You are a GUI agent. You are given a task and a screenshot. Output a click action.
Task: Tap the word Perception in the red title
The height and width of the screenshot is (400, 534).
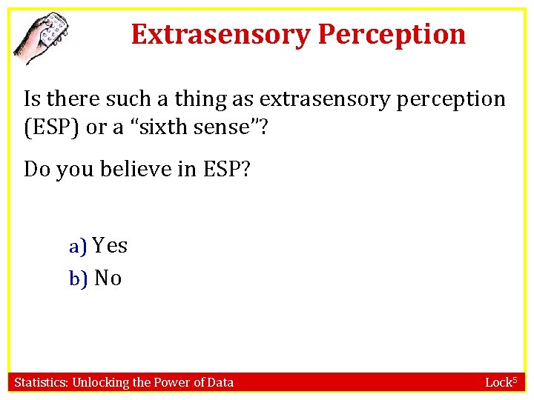[392, 34]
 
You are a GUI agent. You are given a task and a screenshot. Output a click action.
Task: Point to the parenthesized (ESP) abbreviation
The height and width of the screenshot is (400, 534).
[52, 127]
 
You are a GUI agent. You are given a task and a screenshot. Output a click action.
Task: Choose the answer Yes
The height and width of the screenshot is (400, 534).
[111, 246]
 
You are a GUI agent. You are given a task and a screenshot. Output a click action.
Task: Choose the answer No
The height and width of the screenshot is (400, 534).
[108, 278]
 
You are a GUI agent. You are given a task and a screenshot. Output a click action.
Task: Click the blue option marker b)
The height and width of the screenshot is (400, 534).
[78, 279]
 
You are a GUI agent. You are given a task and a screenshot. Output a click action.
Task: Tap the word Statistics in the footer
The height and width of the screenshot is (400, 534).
[41, 382]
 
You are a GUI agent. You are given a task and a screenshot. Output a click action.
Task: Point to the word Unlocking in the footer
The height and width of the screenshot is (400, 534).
[100, 382]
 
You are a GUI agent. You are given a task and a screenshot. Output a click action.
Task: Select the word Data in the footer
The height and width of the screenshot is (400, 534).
[220, 382]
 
